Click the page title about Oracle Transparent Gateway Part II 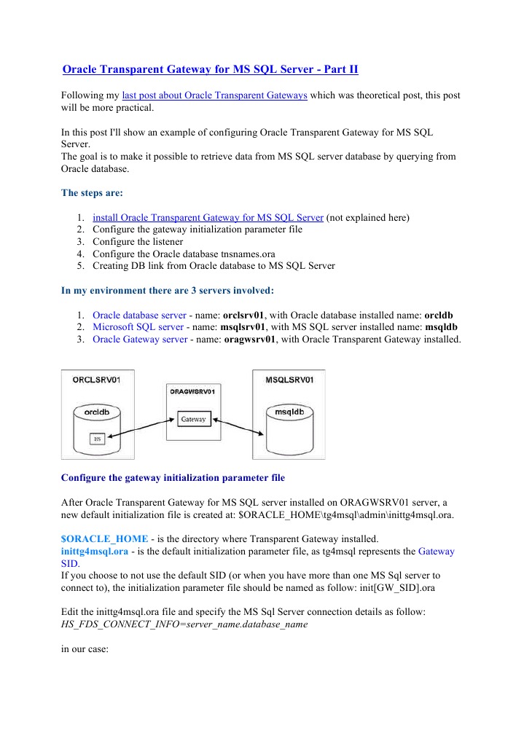[210, 70]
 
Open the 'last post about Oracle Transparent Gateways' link [214, 96]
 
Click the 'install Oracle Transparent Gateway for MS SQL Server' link [208, 217]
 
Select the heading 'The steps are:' [92, 193]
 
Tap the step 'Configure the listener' [138, 241]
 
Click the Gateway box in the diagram [193, 420]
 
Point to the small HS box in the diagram [97, 439]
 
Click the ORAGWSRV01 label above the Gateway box [193, 391]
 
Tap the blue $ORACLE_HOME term [91, 538]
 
